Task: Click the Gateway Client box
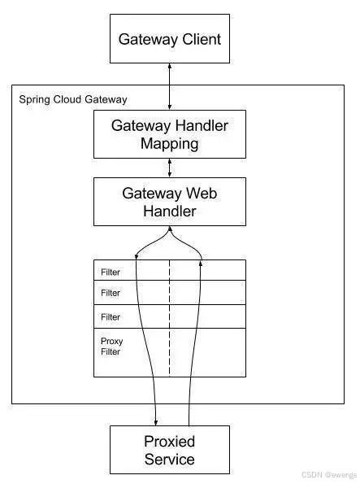[170, 38]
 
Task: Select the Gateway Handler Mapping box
[170, 134]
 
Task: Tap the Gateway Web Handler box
[170, 202]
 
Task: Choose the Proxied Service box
[170, 450]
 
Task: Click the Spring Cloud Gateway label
[73, 100]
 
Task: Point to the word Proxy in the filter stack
[111, 342]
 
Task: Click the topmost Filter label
[111, 273]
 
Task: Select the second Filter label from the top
[111, 293]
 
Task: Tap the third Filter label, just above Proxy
[111, 317]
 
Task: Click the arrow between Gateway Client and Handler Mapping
[169, 86]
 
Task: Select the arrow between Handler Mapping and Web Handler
[169, 168]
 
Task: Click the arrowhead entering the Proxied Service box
[156, 422]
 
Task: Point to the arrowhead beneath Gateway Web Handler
[169, 229]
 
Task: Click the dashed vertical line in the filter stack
[169, 318]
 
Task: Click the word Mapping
[169, 144]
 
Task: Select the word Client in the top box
[202, 39]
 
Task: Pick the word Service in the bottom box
[169, 460]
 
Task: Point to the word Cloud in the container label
[67, 99]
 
